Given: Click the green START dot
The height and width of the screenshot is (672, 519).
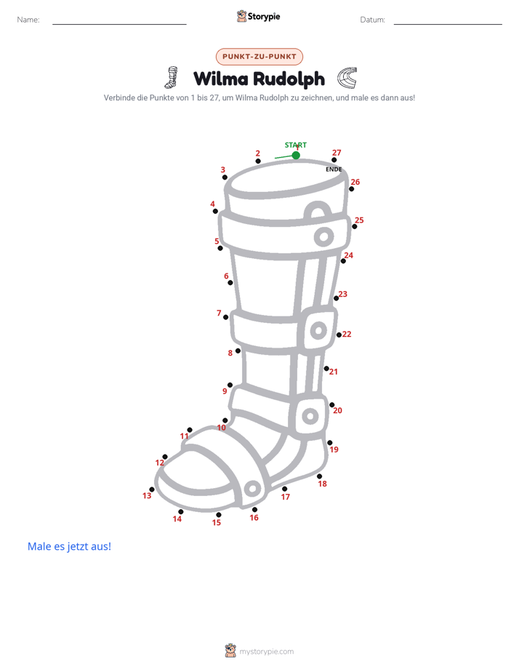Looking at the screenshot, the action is [296, 155].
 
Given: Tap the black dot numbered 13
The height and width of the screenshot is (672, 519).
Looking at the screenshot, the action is [152, 489].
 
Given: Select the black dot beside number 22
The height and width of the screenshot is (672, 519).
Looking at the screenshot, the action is [339, 335].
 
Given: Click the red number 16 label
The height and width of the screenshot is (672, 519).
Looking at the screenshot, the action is [254, 518].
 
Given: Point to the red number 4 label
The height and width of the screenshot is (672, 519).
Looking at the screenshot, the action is [212, 204].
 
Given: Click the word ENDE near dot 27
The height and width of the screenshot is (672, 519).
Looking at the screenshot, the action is [334, 169].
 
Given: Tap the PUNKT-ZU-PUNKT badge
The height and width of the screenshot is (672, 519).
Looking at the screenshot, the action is [259, 57].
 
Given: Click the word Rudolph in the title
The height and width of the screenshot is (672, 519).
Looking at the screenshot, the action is [289, 79].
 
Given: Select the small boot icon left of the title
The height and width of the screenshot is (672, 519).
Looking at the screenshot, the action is [172, 77].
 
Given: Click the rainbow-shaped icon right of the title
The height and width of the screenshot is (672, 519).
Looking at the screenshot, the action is [347, 78].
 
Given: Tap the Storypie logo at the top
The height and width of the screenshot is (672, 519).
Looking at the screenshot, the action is [258, 16].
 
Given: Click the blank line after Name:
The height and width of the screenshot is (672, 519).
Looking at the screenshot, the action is [119, 24].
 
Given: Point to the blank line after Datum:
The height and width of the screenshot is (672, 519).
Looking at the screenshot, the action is [448, 24].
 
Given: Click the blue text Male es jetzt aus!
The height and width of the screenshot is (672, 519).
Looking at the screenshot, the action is [69, 546].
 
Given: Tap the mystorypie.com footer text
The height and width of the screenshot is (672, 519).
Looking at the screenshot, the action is [266, 652].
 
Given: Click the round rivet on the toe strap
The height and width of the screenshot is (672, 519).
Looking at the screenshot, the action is [252, 488].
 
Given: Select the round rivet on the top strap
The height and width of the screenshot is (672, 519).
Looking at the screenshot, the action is [323, 236].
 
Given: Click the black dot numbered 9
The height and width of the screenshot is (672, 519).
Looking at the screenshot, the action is [230, 385].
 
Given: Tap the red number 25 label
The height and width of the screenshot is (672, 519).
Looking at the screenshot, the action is [359, 220].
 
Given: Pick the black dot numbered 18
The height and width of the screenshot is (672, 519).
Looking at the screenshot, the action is [319, 476].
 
